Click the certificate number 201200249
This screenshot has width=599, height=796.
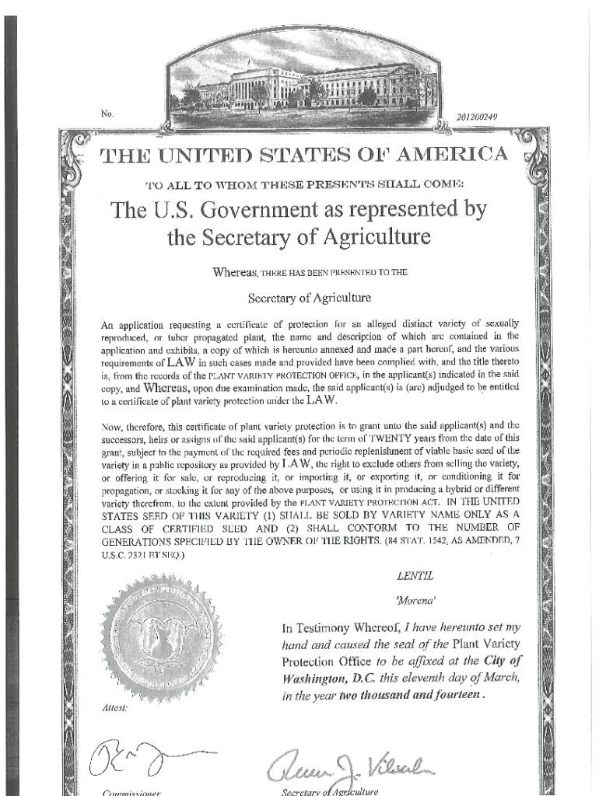478,117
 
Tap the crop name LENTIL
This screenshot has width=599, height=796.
412,576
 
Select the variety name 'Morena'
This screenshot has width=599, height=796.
412,601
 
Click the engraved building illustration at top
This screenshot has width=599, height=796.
304,86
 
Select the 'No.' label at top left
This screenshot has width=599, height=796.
107,114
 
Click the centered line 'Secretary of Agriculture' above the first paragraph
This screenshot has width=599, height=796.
309,298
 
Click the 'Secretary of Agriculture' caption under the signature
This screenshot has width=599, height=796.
330,791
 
